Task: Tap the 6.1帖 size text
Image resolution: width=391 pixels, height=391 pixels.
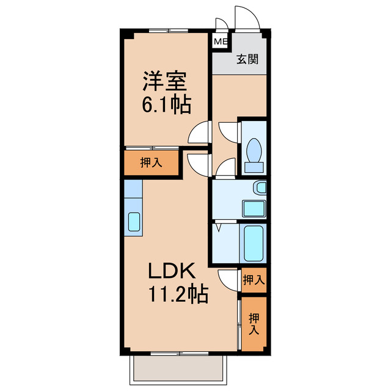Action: (x=166, y=105)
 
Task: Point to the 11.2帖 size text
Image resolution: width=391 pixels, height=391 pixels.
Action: (x=177, y=296)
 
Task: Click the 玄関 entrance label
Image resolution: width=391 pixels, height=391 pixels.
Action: (x=247, y=60)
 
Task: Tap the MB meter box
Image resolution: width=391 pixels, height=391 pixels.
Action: (x=219, y=43)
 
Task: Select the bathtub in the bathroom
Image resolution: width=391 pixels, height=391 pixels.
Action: (x=253, y=243)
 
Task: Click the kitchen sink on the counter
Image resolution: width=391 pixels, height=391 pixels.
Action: (x=134, y=222)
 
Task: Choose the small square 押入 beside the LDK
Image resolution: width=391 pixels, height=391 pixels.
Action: (x=253, y=280)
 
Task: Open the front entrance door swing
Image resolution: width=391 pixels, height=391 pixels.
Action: (x=247, y=18)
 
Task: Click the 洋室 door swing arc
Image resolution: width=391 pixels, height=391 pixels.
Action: (x=199, y=133)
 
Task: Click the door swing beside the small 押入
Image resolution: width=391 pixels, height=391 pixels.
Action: (x=229, y=280)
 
